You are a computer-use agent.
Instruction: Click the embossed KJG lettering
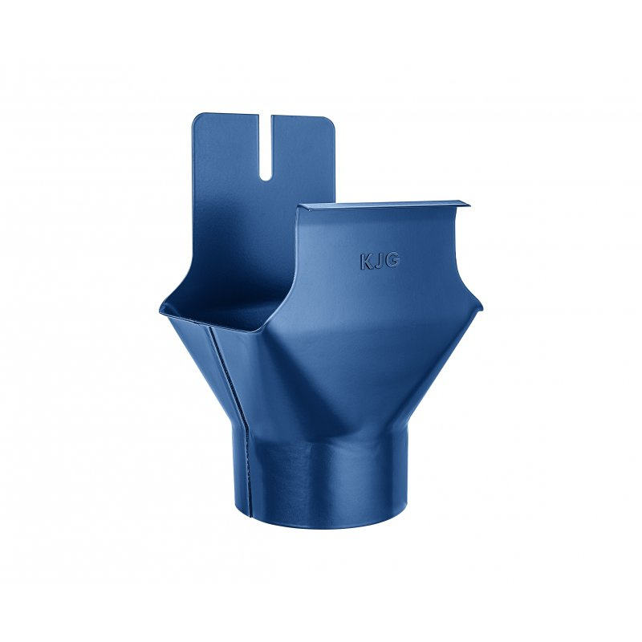click(379, 262)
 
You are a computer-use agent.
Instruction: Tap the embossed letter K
click(366, 262)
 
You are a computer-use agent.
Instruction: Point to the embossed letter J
click(378, 262)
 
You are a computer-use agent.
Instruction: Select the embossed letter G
click(392, 261)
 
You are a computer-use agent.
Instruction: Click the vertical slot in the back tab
click(266, 148)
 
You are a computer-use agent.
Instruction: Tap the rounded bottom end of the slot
click(266, 178)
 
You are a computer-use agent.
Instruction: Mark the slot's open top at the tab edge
click(266, 115)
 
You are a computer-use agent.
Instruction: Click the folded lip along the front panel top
click(384, 205)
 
